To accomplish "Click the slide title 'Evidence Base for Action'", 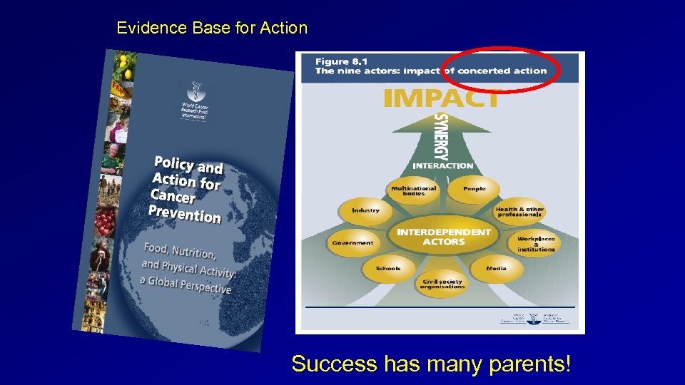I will tap(212, 29).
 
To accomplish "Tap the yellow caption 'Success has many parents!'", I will tap(431, 364).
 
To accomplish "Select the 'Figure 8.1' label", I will tap(342, 61).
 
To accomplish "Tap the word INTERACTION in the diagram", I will tap(442, 165).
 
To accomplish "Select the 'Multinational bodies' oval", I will tap(414, 190).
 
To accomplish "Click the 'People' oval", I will tap(474, 189).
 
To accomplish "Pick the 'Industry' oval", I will tap(365, 210).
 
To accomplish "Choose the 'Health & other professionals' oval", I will tap(519, 212).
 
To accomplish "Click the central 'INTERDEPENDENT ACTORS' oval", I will tap(443, 237).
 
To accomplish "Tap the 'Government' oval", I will tap(352, 242).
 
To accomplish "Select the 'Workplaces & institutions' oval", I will tap(536, 244).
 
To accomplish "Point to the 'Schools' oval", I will tap(387, 269).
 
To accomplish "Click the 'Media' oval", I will tap(496, 269).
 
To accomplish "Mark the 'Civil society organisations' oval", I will tap(442, 284).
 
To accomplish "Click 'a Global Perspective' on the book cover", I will tap(186, 284).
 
